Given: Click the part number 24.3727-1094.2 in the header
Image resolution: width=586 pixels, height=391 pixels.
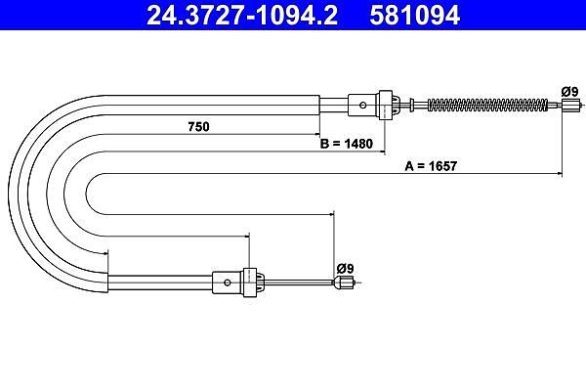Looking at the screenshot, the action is tap(242, 15).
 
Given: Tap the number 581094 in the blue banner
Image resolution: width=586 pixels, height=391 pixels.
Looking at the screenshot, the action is tap(415, 15).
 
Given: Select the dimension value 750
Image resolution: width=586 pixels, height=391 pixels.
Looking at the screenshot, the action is tap(198, 127).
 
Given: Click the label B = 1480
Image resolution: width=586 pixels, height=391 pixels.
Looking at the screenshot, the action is tap(347, 144).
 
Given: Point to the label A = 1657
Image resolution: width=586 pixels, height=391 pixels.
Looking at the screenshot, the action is tap(431, 166).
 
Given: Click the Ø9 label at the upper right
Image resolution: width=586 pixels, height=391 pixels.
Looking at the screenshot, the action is tap(569, 91).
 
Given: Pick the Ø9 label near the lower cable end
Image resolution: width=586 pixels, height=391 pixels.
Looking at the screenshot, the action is tap(345, 268).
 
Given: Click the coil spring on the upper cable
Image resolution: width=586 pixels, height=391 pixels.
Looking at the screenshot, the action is tap(487, 106).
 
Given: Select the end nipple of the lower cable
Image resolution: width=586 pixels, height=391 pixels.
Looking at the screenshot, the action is tap(345, 282).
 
